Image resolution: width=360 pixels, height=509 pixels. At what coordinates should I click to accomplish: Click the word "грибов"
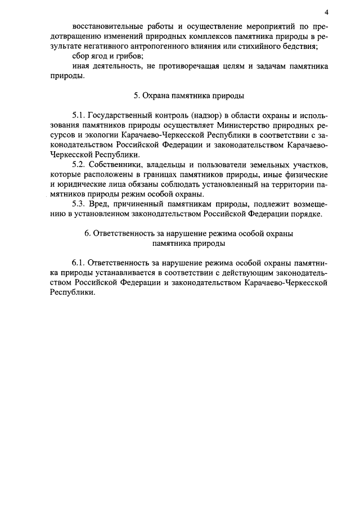click(130, 57)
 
